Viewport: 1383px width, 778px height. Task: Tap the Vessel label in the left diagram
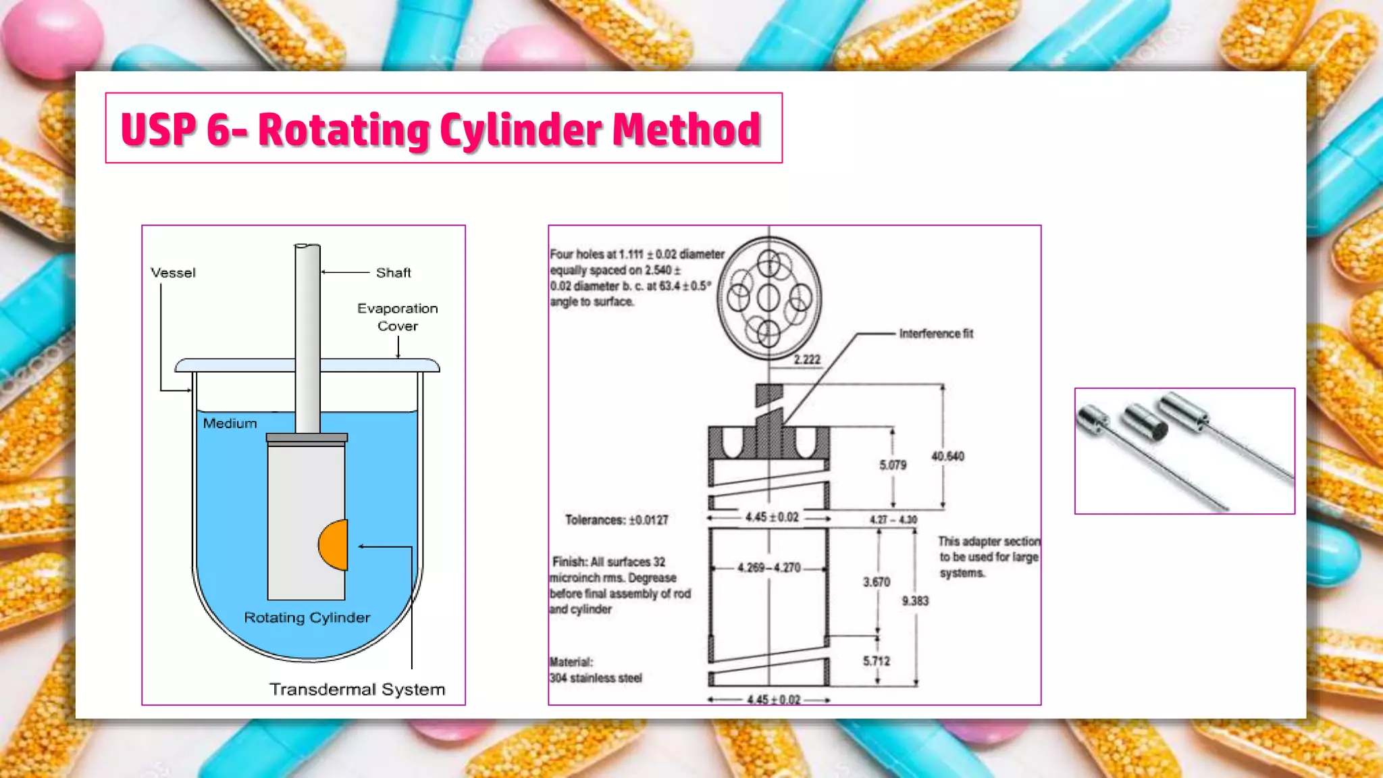(x=173, y=273)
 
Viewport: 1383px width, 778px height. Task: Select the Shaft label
(x=393, y=273)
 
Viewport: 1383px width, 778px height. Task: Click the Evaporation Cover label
(x=397, y=317)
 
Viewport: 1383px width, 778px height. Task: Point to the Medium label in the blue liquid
(x=230, y=423)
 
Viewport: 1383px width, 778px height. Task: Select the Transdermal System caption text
(x=357, y=690)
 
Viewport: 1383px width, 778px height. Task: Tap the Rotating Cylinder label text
(x=307, y=618)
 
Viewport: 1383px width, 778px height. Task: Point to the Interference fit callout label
(x=936, y=334)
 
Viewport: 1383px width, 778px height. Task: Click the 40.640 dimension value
(x=947, y=457)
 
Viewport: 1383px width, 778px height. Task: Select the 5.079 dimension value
(x=893, y=465)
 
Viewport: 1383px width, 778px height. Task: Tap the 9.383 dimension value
(x=915, y=601)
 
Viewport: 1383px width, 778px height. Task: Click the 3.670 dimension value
(x=877, y=582)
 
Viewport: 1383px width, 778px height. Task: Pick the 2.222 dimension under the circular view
(x=807, y=360)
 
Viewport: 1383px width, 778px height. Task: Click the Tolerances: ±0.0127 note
(x=616, y=520)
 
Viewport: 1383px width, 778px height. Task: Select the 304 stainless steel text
(x=595, y=678)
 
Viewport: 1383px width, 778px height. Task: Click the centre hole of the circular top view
(x=768, y=297)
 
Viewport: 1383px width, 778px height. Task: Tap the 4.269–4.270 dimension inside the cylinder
(x=768, y=568)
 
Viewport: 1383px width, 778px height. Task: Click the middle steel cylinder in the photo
(x=1145, y=423)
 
